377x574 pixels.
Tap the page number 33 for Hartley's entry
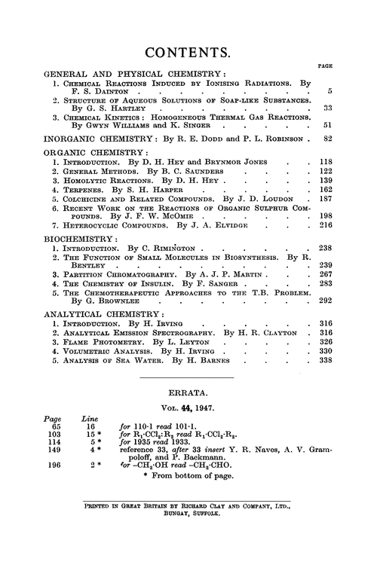click(x=326, y=109)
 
